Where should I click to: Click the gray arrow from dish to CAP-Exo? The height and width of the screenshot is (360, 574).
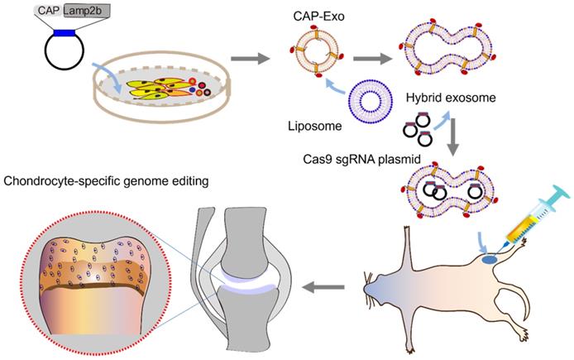(x=246, y=59)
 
